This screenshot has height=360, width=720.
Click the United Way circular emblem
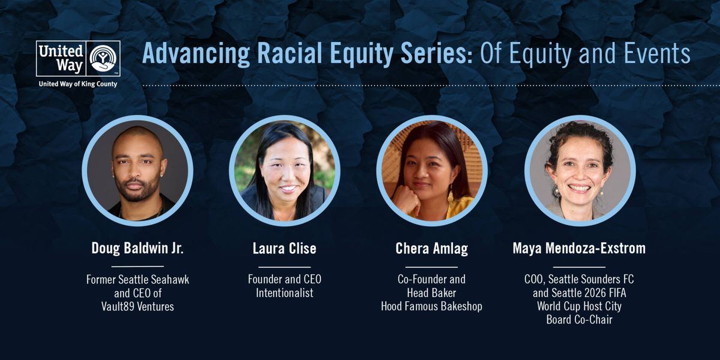point(103,58)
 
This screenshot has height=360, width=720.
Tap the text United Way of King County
point(78,84)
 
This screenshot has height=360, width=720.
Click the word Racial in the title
point(290,53)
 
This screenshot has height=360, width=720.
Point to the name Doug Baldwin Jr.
point(137,248)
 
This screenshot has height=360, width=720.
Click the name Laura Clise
point(284,248)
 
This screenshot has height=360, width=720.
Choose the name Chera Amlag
point(431,249)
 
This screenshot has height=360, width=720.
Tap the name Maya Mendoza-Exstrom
point(579,248)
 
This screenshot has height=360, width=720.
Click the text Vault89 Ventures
point(137,307)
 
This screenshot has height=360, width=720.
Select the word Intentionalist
point(284,293)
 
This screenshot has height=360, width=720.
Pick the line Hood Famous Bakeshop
point(431,307)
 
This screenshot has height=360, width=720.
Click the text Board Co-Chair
point(579,320)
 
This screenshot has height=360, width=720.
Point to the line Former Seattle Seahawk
point(137,280)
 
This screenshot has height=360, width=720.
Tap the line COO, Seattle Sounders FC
point(579,280)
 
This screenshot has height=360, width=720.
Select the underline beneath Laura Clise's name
point(284,267)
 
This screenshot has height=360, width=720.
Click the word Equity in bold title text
point(362,54)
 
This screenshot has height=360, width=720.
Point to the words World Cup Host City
point(579,307)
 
